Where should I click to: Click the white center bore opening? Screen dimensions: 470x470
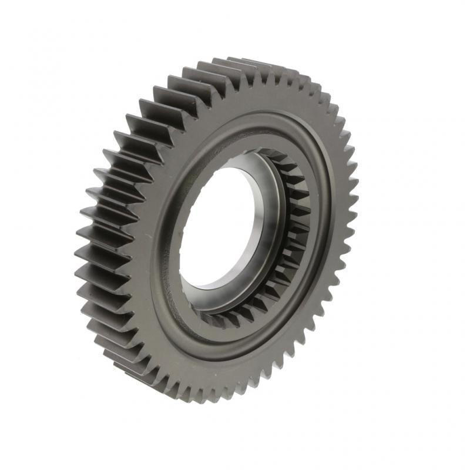point(220,226)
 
